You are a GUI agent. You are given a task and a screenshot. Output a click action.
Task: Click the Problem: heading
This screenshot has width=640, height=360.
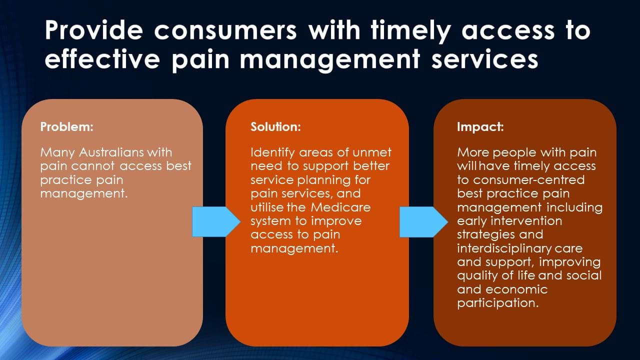coord(66,127)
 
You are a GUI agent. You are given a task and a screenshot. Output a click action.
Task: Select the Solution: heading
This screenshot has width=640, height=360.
coord(275,127)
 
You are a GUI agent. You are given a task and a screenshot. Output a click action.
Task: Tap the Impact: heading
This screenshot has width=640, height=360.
coord(480,127)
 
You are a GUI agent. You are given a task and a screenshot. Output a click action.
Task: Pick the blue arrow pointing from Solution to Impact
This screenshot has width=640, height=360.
coord(423,221)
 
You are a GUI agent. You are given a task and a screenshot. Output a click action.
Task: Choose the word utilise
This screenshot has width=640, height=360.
coord(266,207)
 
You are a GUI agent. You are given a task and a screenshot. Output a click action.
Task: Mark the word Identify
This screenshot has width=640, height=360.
coord(274,152)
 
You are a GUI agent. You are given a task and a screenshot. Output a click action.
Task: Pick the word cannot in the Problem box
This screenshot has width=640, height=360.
coord(96,166)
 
